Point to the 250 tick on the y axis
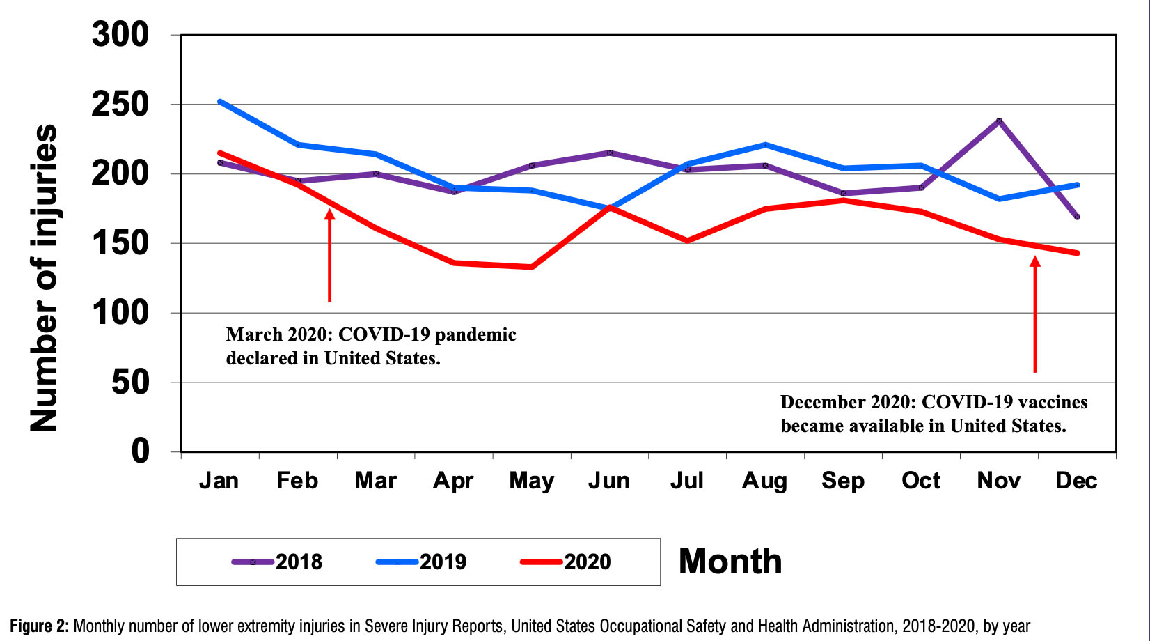[x=120, y=105]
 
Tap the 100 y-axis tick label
[x=120, y=313]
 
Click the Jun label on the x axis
[x=609, y=481]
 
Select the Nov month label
[x=998, y=481]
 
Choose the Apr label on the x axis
[x=453, y=481]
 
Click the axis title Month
[x=730, y=562]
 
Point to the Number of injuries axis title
[x=43, y=278]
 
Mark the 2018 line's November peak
[x=999, y=121]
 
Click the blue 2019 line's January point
[x=220, y=102]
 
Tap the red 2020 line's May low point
[x=532, y=267]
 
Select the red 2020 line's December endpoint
[x=1077, y=253]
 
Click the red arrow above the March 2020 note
[x=330, y=255]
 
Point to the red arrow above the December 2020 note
[x=1035, y=314]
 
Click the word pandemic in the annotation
[x=475, y=335]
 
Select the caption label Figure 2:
[x=39, y=626]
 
